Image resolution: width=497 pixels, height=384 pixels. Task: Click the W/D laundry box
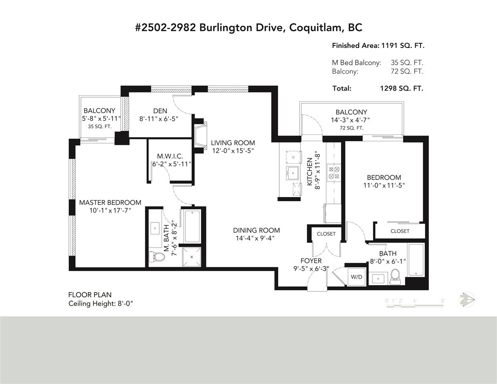pyautogui.click(x=357, y=276)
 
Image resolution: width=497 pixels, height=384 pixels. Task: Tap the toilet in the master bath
pyautogui.click(x=157, y=257)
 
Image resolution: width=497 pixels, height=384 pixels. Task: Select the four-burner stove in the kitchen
pyautogui.click(x=334, y=173)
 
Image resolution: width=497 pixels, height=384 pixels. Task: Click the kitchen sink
pyautogui.click(x=293, y=173)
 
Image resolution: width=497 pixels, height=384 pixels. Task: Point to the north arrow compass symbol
pyautogui.click(x=467, y=300)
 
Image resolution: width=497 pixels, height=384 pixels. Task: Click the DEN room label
pyautogui.click(x=160, y=111)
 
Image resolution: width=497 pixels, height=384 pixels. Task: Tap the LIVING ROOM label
pyautogui.click(x=233, y=143)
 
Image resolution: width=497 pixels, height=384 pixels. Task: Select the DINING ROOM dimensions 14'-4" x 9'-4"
pyautogui.click(x=255, y=238)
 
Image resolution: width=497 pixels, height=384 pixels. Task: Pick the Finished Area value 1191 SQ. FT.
pyautogui.click(x=403, y=46)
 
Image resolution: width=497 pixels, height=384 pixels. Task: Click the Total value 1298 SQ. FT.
pyautogui.click(x=402, y=88)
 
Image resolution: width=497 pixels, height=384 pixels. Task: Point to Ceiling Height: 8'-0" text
pyautogui.click(x=100, y=304)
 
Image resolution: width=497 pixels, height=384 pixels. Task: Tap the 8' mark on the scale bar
pyautogui.click(x=443, y=301)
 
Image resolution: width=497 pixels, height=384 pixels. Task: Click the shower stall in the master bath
pyautogui.click(x=192, y=257)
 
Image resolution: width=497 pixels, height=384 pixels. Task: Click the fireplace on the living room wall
pyautogui.click(x=200, y=136)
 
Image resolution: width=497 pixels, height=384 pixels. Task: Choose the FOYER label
pyautogui.click(x=311, y=261)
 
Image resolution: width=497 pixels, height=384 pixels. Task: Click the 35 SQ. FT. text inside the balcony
pyautogui.click(x=100, y=127)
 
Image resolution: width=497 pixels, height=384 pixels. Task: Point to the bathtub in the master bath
pyautogui.click(x=192, y=226)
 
